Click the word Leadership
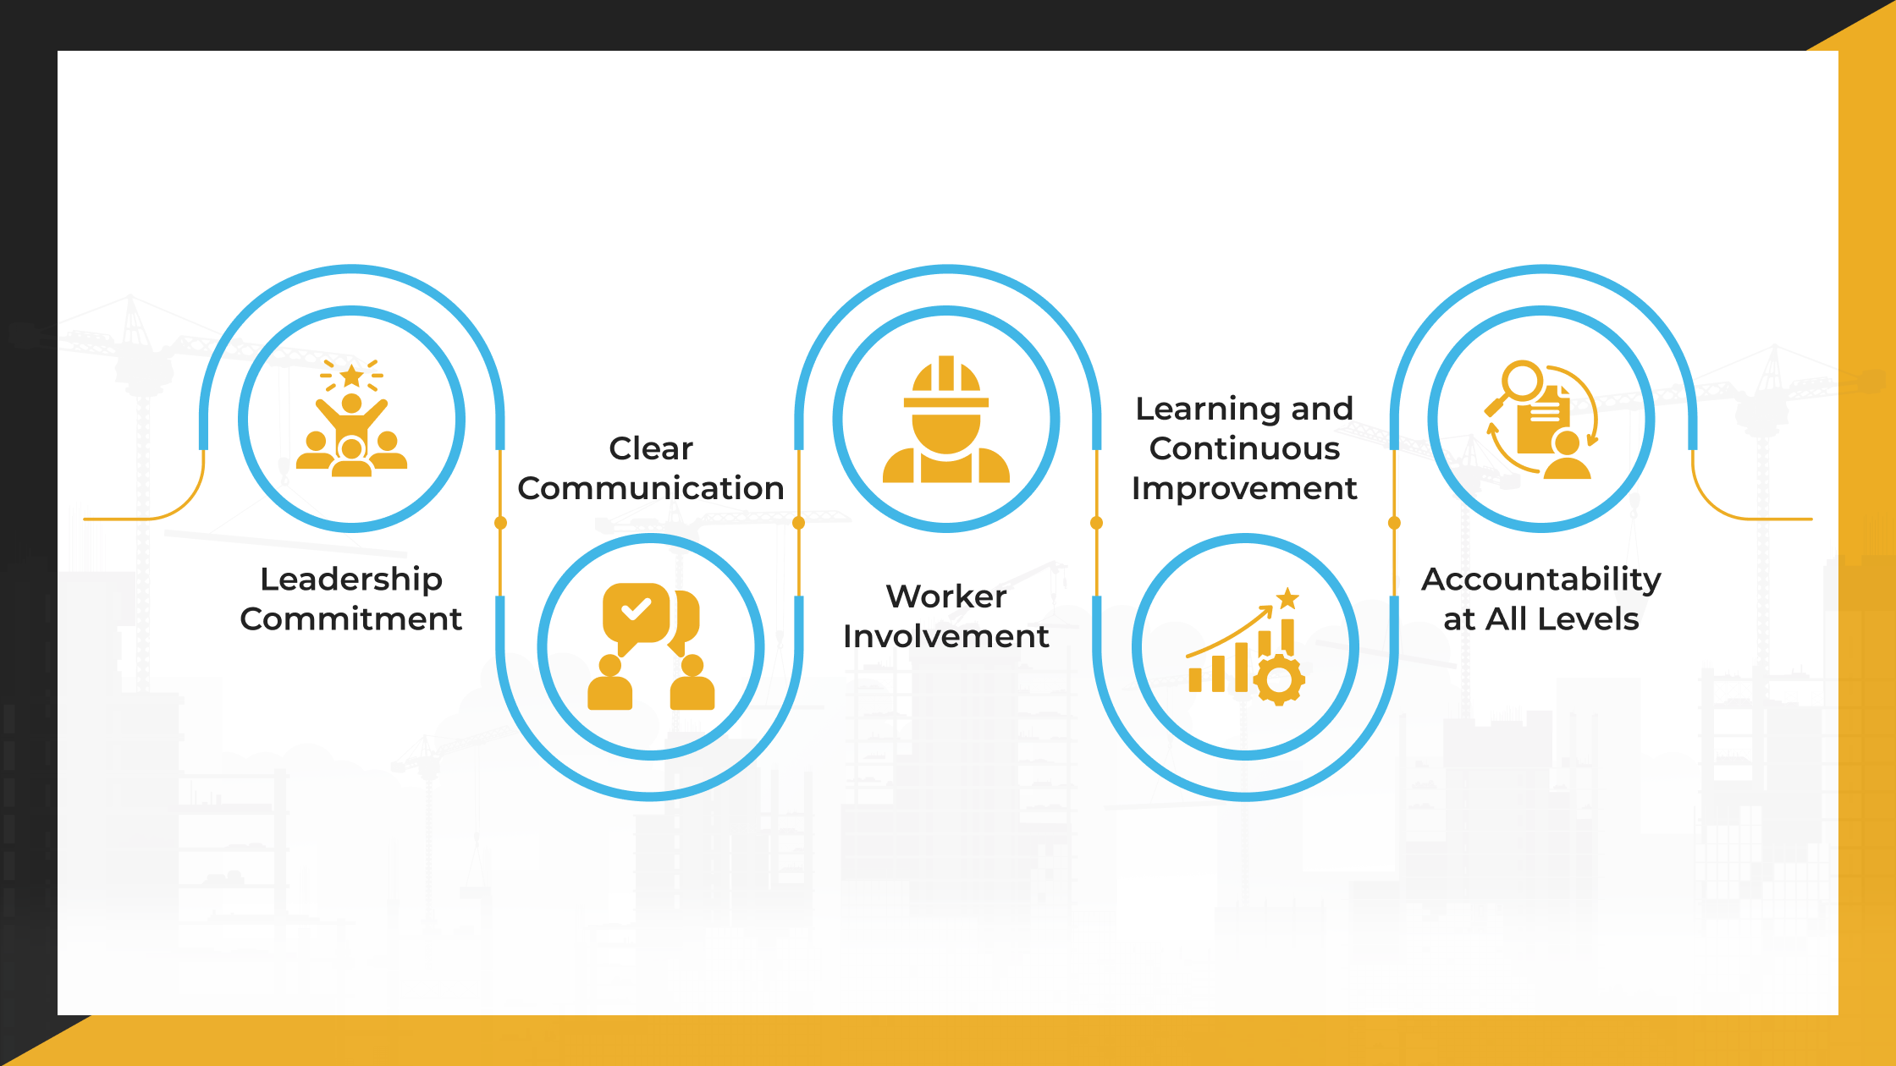[x=350, y=580]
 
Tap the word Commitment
[x=350, y=619]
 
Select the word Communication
[x=650, y=488]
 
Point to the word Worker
[x=945, y=596]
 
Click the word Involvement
[x=945, y=636]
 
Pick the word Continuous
[x=1244, y=448]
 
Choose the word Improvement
[x=1244, y=488]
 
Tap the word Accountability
[x=1540, y=580]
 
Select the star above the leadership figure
[x=351, y=375]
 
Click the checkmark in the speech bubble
[x=636, y=609]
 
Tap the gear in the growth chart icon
[x=1278, y=679]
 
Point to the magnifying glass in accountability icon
[x=1520, y=382]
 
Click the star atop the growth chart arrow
[x=1287, y=598]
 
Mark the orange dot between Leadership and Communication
[x=500, y=523]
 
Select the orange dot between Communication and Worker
[x=798, y=523]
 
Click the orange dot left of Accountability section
[x=1394, y=523]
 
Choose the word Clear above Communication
[x=650, y=448]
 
